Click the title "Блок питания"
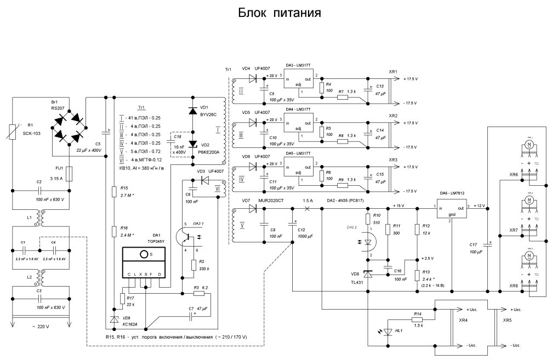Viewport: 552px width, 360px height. [278, 12]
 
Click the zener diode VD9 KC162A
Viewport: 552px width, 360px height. [114, 319]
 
